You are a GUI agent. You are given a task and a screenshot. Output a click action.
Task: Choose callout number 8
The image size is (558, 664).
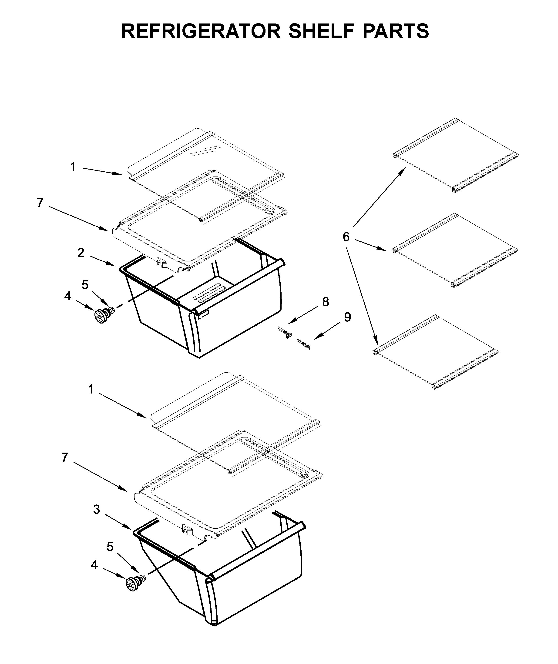pyautogui.click(x=326, y=302)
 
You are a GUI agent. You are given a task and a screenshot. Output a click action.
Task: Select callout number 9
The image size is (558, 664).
pyautogui.click(x=347, y=317)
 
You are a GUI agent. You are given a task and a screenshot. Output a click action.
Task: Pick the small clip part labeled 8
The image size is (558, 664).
pyautogui.click(x=284, y=332)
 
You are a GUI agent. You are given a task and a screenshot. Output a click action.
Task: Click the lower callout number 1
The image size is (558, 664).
pyautogui.click(x=91, y=390)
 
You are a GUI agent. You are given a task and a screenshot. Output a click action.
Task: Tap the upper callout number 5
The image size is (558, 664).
pyautogui.click(x=85, y=285)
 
